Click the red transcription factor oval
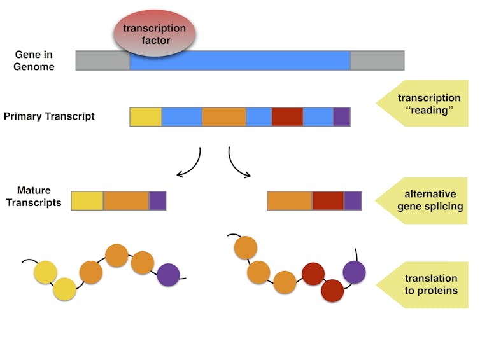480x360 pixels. (x=155, y=33)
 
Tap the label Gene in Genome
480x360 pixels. (x=34, y=60)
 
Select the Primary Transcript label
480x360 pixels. (x=49, y=116)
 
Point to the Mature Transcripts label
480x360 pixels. (x=34, y=197)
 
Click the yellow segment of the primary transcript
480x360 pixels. (x=146, y=117)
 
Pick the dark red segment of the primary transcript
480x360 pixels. (x=287, y=117)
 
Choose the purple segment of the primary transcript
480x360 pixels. (x=342, y=117)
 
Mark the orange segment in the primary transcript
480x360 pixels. (x=224, y=117)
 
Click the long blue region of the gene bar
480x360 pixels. (x=240, y=60)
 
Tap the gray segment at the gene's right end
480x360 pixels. (x=377, y=60)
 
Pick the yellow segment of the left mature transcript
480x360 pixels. (x=87, y=200)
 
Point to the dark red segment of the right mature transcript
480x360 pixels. (x=328, y=200)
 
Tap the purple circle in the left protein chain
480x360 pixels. (x=168, y=275)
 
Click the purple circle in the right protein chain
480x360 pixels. (x=354, y=272)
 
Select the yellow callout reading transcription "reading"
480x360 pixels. (x=422, y=104)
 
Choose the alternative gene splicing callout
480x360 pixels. (x=421, y=200)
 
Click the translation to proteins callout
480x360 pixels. (x=422, y=285)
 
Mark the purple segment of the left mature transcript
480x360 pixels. (x=158, y=200)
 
